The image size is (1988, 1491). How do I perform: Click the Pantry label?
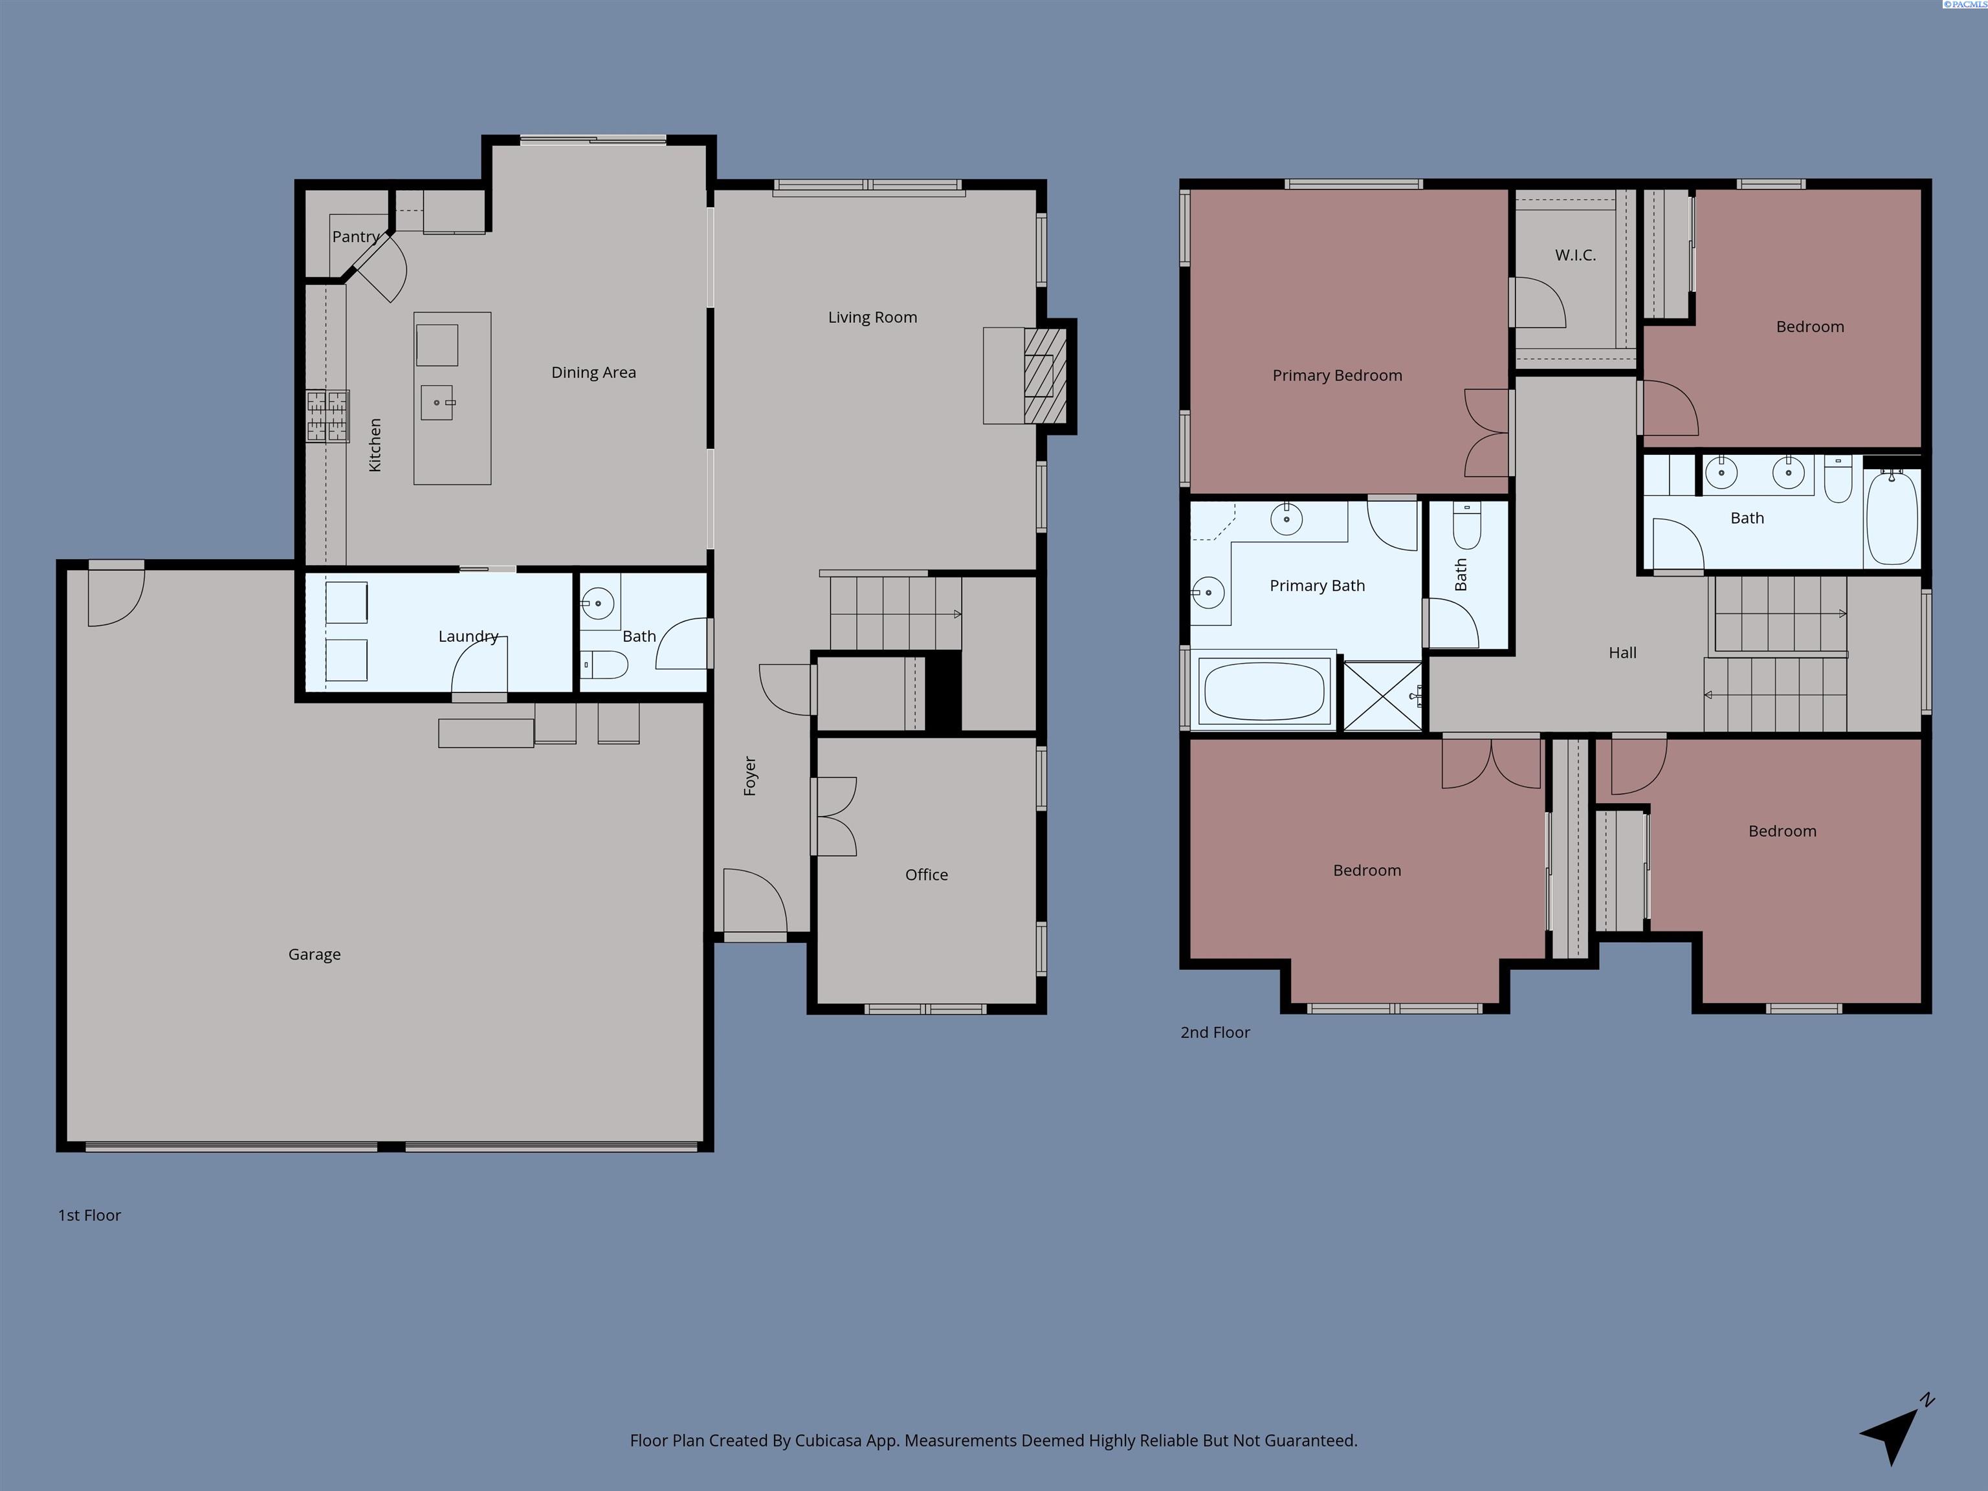pyautogui.click(x=356, y=236)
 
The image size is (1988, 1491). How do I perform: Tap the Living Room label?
pyautogui.click(x=873, y=317)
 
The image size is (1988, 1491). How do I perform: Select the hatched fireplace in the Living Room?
pyautogui.click(x=1045, y=376)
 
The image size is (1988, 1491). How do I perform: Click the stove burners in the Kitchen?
pyautogui.click(x=327, y=416)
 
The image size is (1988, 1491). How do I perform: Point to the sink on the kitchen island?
pyautogui.click(x=437, y=403)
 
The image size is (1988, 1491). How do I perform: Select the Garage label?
pyautogui.click(x=315, y=955)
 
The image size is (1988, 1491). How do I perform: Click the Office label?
pyautogui.click(x=927, y=874)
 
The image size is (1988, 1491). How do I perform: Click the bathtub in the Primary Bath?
pyautogui.click(x=1264, y=691)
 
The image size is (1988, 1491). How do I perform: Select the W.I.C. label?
pyautogui.click(x=1576, y=255)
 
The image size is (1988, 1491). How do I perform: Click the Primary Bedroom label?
pyautogui.click(x=1338, y=376)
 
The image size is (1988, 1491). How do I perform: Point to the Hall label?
pyautogui.click(x=1622, y=652)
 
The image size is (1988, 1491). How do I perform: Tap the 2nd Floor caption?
pyautogui.click(x=1215, y=1033)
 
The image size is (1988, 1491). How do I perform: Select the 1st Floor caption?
pyautogui.click(x=89, y=1215)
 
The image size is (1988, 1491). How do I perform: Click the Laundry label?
pyautogui.click(x=469, y=636)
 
